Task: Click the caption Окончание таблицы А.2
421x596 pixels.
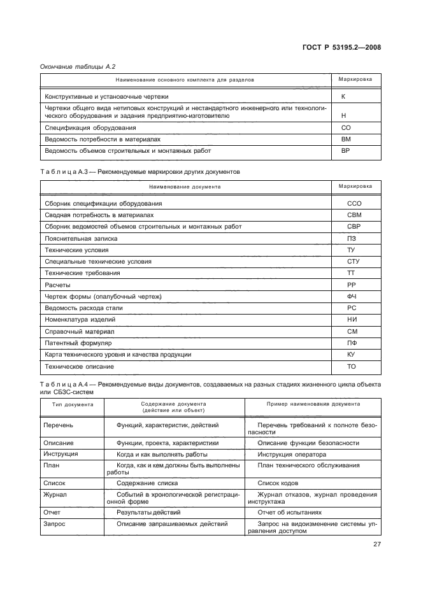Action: [x=78, y=66]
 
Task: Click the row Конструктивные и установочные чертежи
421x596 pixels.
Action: [x=106, y=96]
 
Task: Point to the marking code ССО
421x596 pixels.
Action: [x=354, y=203]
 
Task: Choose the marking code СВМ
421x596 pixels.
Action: [x=354, y=215]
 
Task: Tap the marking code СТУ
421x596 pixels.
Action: [x=354, y=261]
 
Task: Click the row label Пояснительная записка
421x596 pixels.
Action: [x=81, y=238]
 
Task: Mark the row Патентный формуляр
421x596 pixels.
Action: [x=78, y=343]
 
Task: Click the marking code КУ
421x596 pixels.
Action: [x=351, y=355]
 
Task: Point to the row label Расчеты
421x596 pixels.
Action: [x=57, y=285]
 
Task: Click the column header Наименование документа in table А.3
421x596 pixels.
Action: [x=185, y=187]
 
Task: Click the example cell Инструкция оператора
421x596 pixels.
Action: [x=292, y=455]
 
